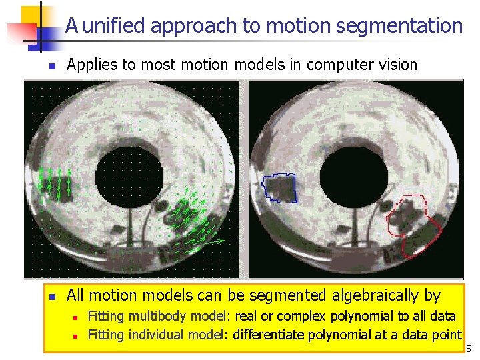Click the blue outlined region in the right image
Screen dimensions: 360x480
click(280, 187)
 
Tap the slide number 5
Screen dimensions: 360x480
click(469, 349)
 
